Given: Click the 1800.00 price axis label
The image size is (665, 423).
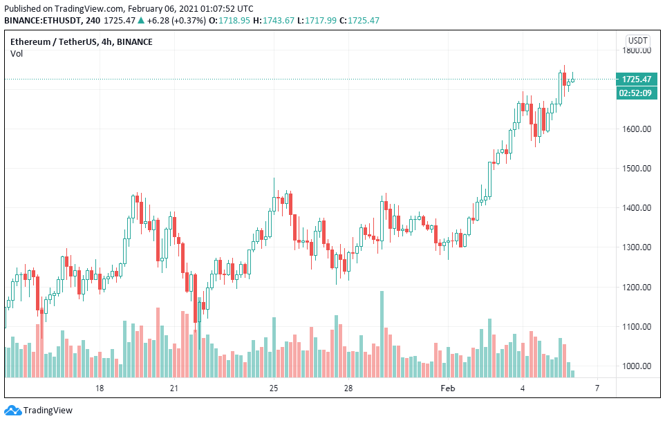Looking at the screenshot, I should [637, 50].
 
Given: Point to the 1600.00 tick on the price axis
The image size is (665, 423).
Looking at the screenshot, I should [637, 129].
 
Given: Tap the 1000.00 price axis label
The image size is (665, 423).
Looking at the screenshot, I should [637, 366].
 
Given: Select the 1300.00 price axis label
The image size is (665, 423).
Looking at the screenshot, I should [637, 247].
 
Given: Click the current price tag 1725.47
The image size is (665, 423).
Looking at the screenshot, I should [636, 79].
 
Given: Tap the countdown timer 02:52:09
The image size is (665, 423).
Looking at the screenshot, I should [636, 93].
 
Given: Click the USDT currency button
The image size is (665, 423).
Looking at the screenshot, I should [637, 40].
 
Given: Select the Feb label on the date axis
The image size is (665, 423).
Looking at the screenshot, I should [448, 389].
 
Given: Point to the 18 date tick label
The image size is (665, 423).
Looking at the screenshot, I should [100, 389].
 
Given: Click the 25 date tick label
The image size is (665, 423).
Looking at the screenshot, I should [274, 389].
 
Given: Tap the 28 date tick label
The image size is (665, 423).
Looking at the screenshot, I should [348, 389].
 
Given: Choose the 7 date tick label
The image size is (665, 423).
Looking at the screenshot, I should [597, 389].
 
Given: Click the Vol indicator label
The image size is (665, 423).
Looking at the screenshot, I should [17, 54].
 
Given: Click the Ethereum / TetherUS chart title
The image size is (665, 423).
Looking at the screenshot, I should [82, 42].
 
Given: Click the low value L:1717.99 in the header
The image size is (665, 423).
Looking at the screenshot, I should [317, 21].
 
